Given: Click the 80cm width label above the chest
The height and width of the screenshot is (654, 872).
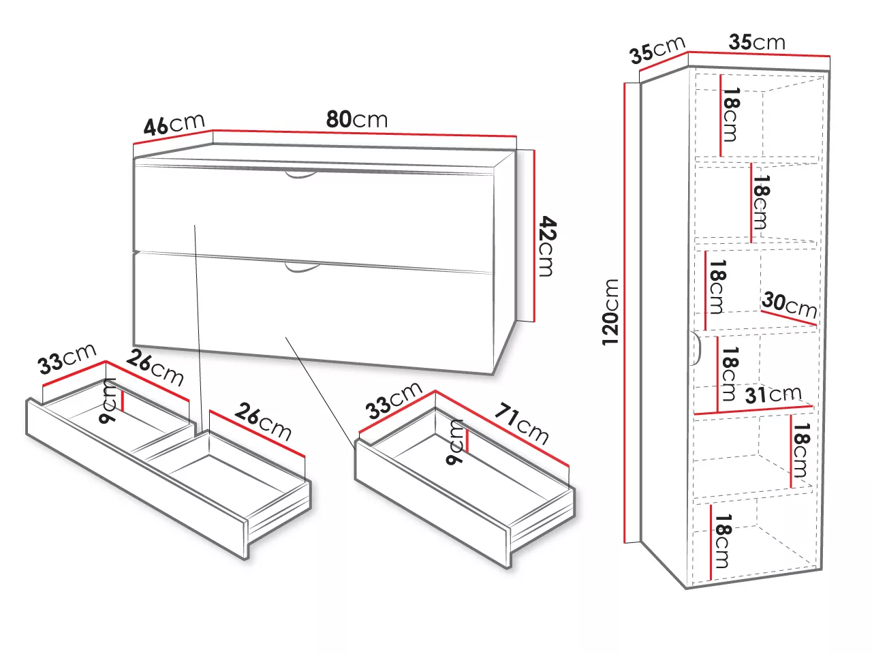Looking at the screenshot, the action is coord(357,119).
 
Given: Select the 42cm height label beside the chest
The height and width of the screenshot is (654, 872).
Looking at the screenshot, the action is coord(548,247).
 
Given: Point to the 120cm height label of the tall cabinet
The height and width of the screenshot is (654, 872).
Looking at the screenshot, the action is coord(610,312).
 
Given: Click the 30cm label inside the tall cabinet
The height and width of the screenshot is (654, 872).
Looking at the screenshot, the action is coord(789,305).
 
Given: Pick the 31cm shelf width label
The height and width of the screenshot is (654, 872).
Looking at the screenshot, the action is coord(773,394).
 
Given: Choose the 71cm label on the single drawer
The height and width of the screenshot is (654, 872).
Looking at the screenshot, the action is coord(522,423).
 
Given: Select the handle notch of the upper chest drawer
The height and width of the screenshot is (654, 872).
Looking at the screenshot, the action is coord(301,174).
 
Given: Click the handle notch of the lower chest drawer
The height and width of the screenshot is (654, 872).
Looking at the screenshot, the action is coord(302,268).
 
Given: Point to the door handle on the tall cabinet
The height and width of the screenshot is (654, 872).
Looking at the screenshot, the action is coord(696,348).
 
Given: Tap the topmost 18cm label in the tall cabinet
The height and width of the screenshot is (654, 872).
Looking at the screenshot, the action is coord(730,114).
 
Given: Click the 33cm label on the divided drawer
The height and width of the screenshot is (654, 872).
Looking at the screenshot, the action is coord(67,359).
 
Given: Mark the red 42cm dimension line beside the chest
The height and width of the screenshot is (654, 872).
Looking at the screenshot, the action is coord(535,236).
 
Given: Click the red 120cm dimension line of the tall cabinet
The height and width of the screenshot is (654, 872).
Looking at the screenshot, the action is coord(625,313).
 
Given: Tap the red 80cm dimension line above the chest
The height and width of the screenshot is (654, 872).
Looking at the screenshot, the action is coord(364,134).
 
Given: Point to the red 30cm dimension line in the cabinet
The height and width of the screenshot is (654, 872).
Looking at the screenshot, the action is coord(789,318).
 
